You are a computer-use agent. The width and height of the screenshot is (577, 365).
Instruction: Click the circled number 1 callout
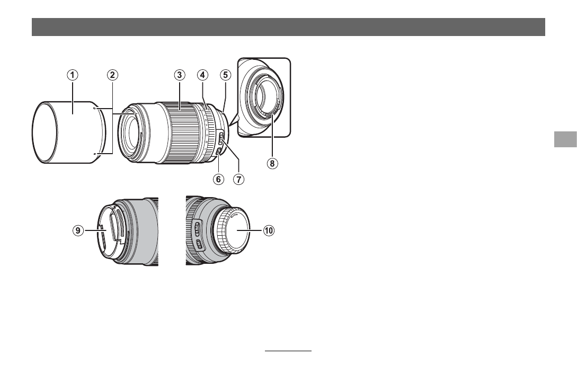tap(73, 75)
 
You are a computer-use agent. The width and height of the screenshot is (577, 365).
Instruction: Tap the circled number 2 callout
tap(112, 75)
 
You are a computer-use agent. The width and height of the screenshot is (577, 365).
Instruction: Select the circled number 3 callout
tap(179, 75)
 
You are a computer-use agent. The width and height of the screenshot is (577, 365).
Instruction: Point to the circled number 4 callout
tap(202, 75)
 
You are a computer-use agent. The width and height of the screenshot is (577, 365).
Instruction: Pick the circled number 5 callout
tap(226, 75)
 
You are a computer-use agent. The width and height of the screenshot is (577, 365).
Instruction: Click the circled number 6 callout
tap(218, 179)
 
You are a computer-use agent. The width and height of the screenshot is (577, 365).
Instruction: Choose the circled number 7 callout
tap(239, 179)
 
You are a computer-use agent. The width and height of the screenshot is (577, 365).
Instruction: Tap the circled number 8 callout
tap(272, 163)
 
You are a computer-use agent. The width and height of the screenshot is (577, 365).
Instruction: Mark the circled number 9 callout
tap(78, 230)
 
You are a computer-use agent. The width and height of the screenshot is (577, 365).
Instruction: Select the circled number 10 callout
tap(269, 230)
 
